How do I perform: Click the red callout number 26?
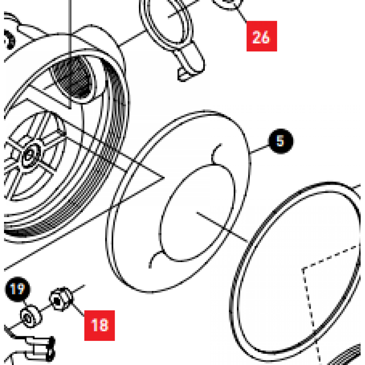261,36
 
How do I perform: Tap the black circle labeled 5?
281,141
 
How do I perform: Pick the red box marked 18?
99,325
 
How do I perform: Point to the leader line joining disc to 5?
260,149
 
